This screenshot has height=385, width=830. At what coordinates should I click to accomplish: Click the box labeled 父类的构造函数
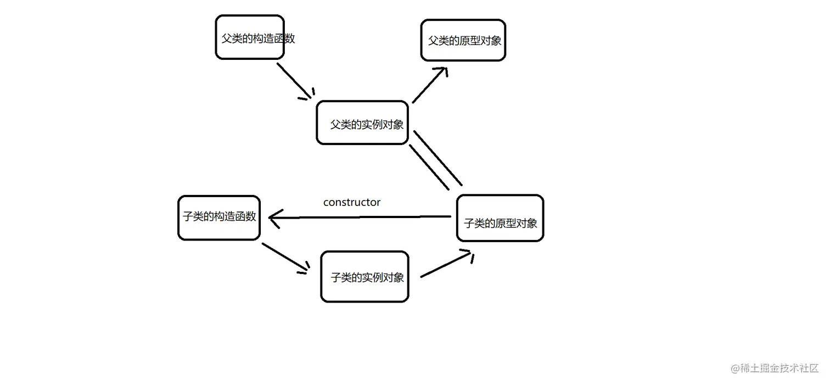coord(250,37)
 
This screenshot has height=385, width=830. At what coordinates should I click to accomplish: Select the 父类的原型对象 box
coord(463,40)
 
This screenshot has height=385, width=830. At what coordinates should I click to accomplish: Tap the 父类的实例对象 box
coord(362,123)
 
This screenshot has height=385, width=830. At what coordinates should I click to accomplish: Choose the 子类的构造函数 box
coord(219,217)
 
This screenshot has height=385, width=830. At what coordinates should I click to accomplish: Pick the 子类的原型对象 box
coord(500,218)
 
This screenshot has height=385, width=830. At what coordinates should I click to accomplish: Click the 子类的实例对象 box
coord(364,277)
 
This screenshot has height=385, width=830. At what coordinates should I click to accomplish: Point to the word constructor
coord(352,202)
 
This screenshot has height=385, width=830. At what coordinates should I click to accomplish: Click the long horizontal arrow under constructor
coord(362,217)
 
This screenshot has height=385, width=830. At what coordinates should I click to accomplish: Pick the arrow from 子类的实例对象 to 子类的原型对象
coord(445,265)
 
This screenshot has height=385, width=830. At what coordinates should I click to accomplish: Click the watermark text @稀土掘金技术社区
coord(775,368)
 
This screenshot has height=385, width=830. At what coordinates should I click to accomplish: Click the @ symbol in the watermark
coord(735,369)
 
